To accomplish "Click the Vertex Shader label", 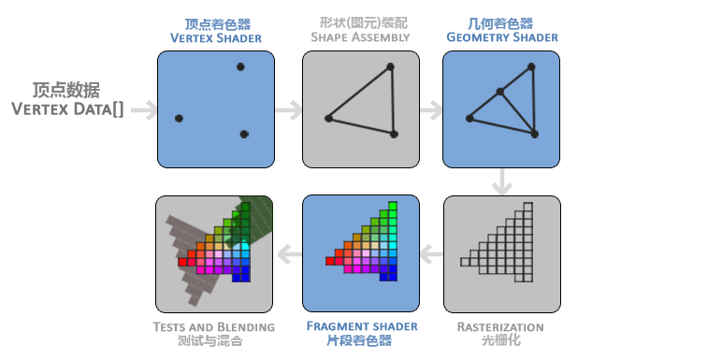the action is click(x=215, y=38).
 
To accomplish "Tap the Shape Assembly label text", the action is click(x=359, y=37).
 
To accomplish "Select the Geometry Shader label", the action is click(x=501, y=37).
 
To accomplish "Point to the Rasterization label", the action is click(x=500, y=326).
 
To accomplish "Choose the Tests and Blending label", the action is click(x=214, y=326).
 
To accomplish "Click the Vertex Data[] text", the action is click(x=67, y=108).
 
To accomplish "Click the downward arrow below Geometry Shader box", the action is click(x=503, y=181).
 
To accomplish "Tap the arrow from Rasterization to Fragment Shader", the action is click(x=430, y=252).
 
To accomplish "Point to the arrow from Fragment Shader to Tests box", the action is click(x=289, y=252).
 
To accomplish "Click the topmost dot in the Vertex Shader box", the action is click(x=240, y=66).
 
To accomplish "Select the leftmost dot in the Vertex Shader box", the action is click(x=179, y=118).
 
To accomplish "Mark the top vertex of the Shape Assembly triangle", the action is click(x=390, y=66).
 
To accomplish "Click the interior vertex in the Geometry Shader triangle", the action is click(x=500, y=92).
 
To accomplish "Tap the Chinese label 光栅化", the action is click(x=500, y=341).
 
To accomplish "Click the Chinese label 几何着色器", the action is click(x=501, y=22).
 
